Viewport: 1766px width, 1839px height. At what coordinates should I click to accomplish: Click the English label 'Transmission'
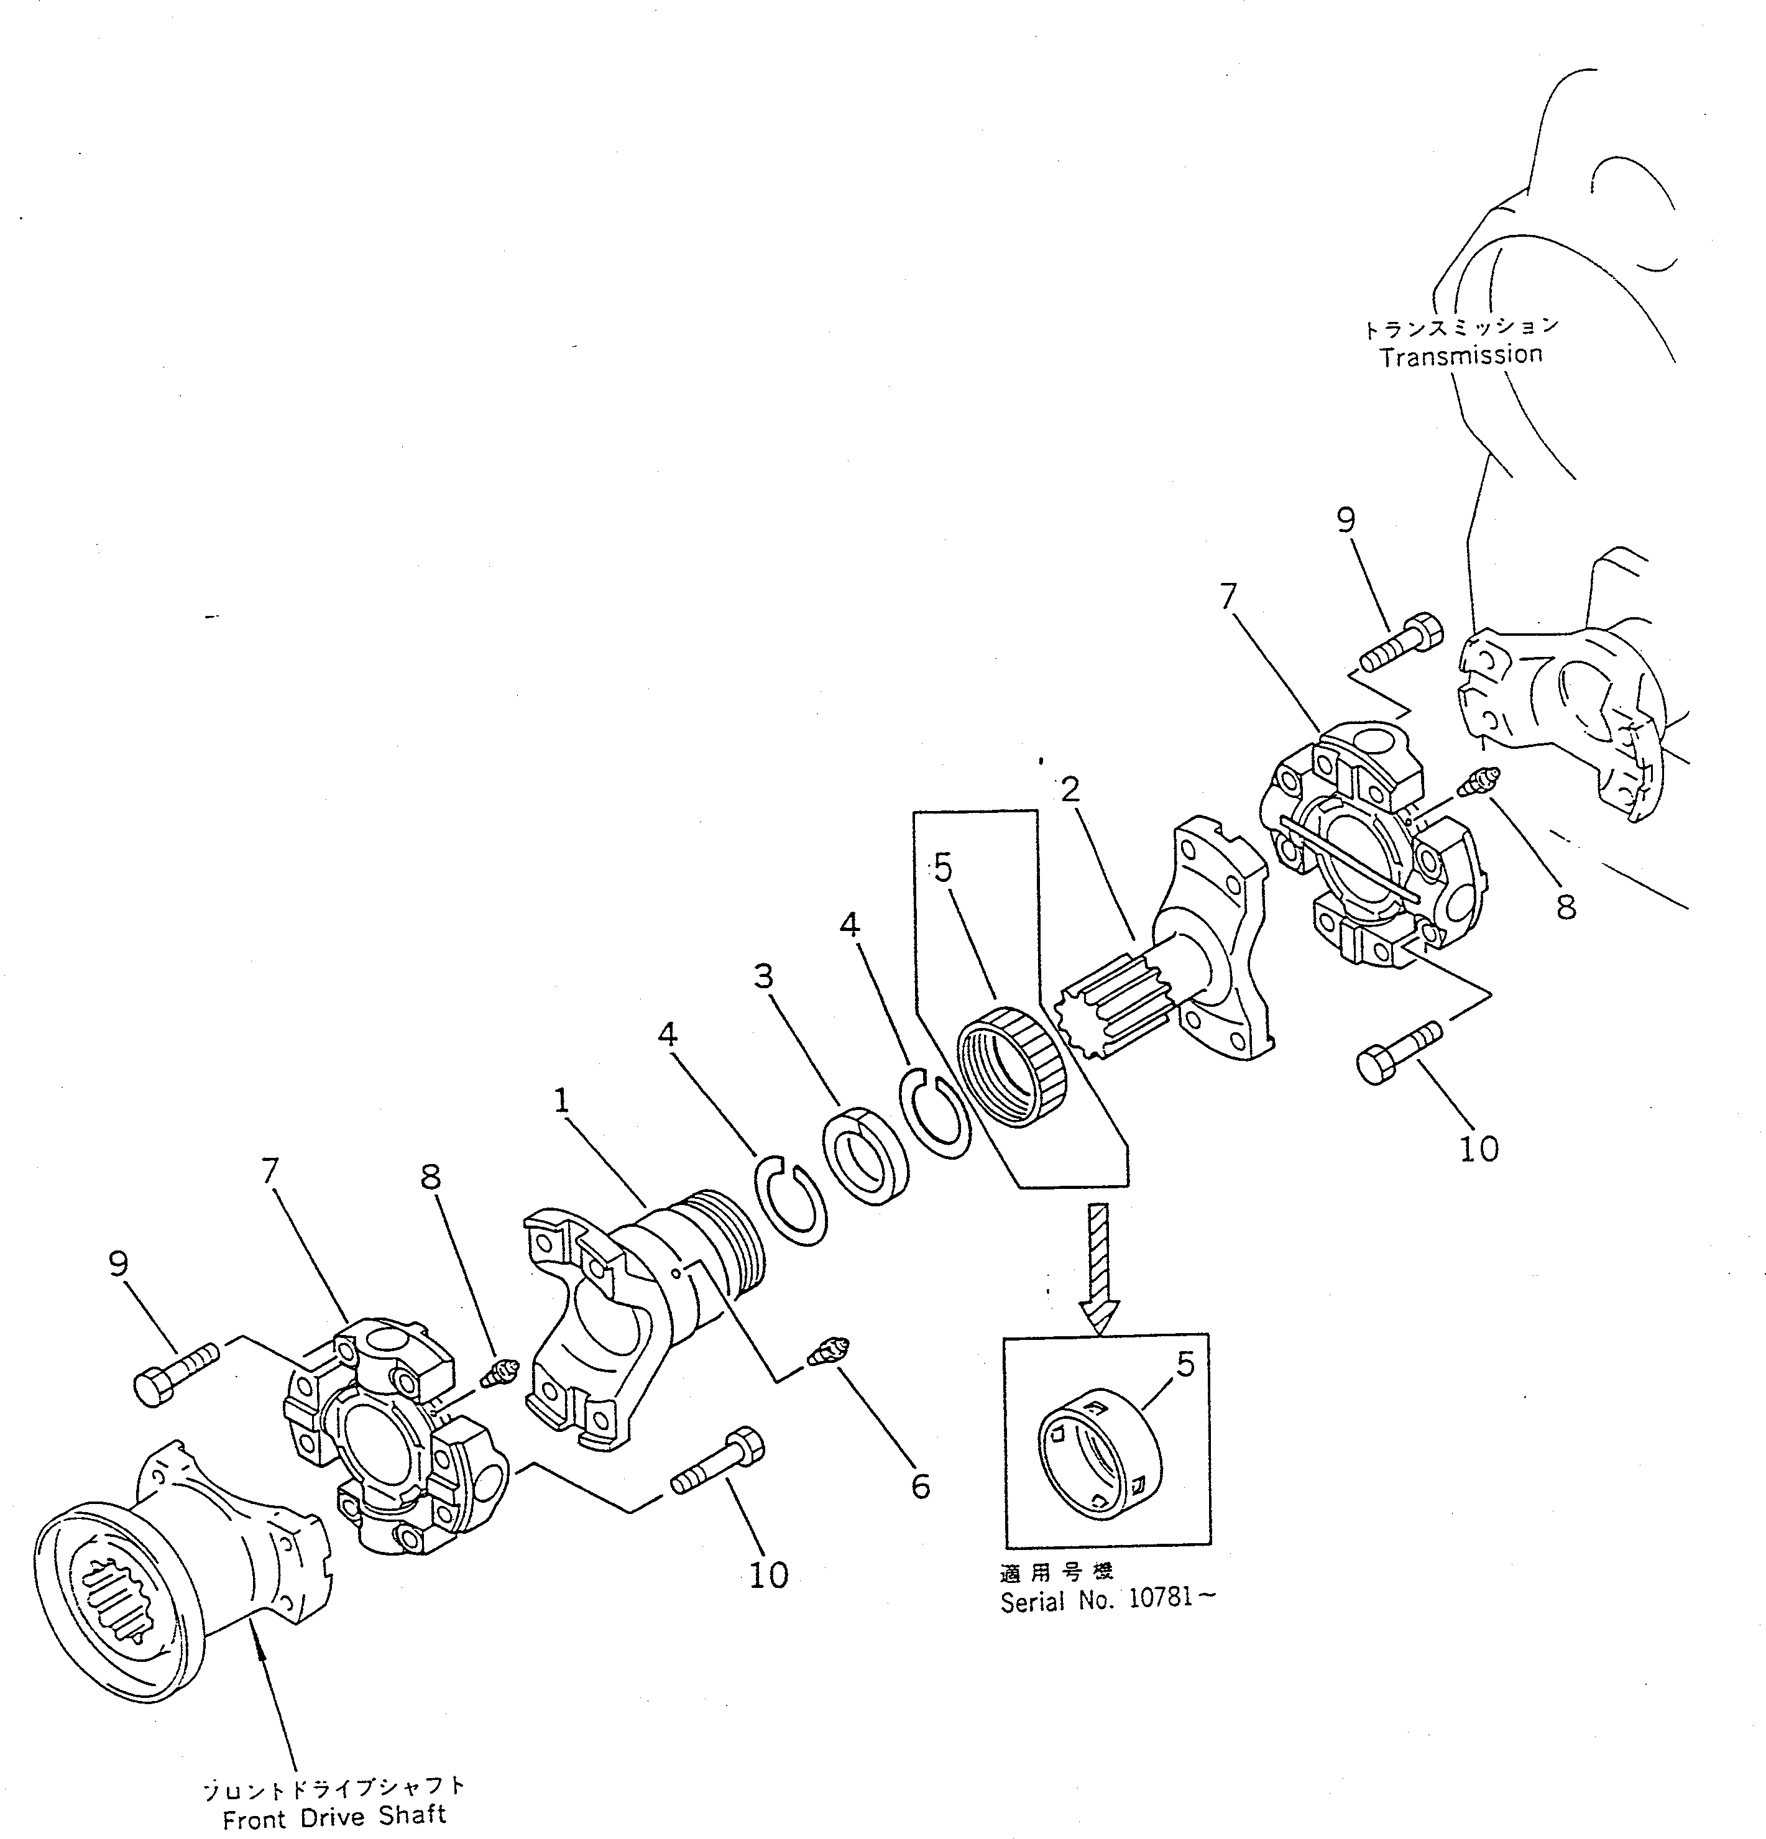pyautogui.click(x=1460, y=355)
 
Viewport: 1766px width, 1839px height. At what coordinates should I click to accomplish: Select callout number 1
pyautogui.click(x=561, y=1101)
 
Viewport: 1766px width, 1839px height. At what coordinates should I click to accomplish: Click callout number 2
pyautogui.click(x=1070, y=790)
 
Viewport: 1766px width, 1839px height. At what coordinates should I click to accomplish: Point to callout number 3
pyautogui.click(x=764, y=977)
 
